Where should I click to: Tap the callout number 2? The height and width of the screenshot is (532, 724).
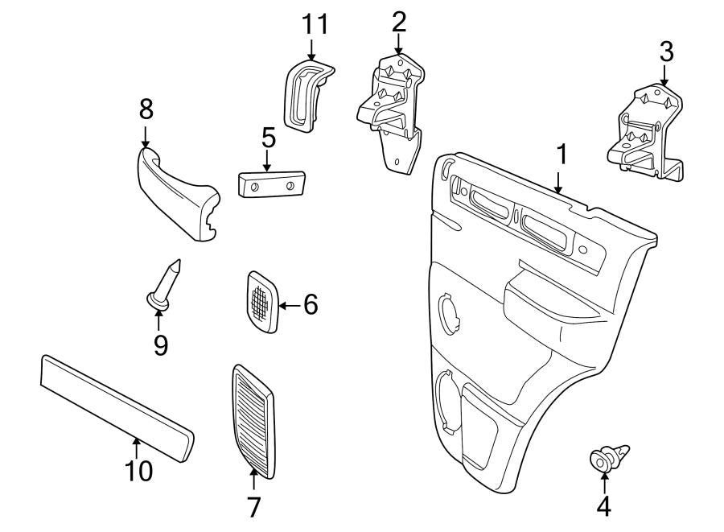399,22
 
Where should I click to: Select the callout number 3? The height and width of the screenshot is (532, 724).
666,52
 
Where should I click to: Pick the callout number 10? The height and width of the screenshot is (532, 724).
138,470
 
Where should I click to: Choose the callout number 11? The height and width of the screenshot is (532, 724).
315,24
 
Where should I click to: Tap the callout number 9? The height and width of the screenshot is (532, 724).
160,345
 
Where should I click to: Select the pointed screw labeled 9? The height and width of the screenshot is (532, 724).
165,282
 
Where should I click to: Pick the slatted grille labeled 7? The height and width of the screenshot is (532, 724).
253,419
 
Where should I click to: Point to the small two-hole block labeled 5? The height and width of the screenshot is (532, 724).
271,184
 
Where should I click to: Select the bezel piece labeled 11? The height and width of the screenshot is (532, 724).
306,92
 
